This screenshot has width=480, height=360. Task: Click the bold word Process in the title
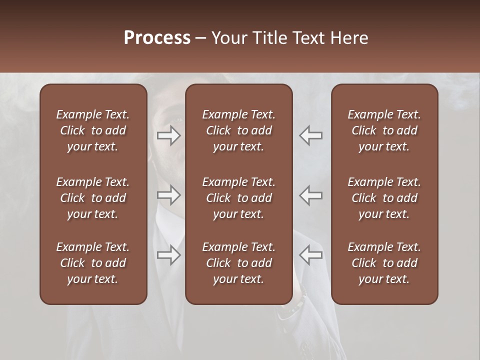[157, 38]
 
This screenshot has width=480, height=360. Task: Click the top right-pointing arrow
[169, 135]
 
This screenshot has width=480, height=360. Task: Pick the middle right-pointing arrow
[169, 195]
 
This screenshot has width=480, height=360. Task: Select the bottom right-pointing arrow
[169, 255]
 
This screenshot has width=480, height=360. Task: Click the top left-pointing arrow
[310, 135]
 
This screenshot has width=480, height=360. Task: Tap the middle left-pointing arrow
[310, 195]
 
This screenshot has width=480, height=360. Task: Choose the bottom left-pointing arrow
[310, 255]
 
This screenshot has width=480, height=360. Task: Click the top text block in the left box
[93, 130]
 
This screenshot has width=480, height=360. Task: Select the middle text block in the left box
[93, 198]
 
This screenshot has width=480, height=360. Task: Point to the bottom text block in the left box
[93, 263]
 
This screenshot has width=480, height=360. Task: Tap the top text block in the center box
[238, 130]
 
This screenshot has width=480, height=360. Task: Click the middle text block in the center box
[238, 198]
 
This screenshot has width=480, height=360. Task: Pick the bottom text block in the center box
[238, 263]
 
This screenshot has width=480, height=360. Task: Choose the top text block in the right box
[384, 130]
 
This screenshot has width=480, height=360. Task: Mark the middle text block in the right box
[384, 198]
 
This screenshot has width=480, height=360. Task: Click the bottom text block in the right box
[384, 263]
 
